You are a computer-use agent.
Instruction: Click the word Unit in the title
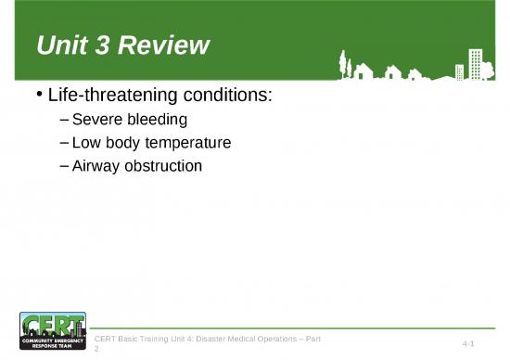coord(57,45)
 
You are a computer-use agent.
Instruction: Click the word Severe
coord(97,120)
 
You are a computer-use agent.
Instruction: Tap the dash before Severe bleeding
coord(62,120)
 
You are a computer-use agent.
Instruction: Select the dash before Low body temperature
coord(62,143)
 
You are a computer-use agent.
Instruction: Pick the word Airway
coord(97,166)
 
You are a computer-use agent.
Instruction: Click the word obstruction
coord(164,166)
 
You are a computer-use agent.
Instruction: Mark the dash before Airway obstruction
coord(62,166)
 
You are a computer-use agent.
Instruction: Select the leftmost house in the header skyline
coord(362,71)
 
